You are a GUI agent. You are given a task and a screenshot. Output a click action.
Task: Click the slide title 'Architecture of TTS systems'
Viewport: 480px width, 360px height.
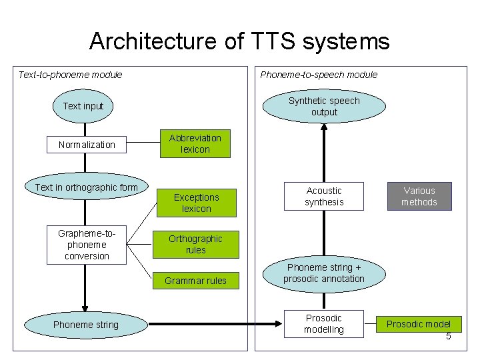click(239, 41)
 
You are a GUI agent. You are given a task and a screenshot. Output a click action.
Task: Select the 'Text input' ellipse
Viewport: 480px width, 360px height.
click(83, 106)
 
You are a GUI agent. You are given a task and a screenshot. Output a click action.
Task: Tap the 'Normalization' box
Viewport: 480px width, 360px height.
click(87, 145)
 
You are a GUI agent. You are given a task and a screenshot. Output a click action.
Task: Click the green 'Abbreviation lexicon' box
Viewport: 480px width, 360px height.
click(195, 143)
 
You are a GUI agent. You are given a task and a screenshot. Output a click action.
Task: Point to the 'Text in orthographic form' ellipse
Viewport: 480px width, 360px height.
click(86, 187)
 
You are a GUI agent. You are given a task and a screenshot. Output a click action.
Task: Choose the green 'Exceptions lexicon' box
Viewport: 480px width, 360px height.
click(196, 203)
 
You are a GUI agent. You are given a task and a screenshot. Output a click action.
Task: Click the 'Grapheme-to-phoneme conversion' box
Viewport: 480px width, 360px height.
click(87, 245)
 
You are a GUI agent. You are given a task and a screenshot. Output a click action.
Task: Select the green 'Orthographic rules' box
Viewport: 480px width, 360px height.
click(195, 244)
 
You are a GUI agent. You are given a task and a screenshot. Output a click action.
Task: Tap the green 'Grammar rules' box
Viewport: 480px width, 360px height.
click(195, 281)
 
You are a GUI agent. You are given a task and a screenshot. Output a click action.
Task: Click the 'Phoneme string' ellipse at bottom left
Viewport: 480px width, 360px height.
click(85, 325)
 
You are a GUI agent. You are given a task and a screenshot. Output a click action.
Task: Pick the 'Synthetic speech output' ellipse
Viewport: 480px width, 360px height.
click(324, 107)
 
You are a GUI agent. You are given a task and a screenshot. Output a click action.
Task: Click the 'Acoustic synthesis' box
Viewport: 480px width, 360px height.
click(324, 196)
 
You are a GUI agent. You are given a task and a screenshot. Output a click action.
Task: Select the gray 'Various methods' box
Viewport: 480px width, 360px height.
click(419, 196)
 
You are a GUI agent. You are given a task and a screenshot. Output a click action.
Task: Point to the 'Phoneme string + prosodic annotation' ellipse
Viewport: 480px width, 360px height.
click(324, 273)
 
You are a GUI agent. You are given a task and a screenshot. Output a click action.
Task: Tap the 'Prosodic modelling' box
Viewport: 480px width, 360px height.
click(324, 323)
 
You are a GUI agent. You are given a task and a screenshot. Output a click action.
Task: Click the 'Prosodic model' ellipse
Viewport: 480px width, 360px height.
click(419, 325)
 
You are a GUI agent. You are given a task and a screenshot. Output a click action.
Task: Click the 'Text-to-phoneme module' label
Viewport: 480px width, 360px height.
click(70, 75)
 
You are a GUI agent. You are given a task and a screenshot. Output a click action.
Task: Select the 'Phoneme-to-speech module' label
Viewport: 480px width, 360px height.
click(319, 75)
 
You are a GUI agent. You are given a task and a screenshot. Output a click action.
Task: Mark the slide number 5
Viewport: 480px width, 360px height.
click(449, 336)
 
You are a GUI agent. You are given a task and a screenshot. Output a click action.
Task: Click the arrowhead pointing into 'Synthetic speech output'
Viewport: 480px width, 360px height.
click(324, 129)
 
